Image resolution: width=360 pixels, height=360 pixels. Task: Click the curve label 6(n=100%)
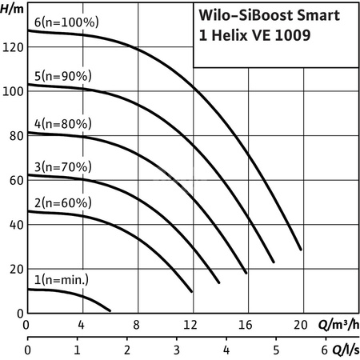(x=66, y=22)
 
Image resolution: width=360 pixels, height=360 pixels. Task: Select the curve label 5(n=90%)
(x=63, y=76)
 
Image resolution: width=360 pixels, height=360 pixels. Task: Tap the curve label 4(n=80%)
(x=63, y=124)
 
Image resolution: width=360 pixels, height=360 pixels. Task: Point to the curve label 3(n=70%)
(x=63, y=167)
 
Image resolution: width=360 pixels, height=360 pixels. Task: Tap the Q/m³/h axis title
(x=338, y=326)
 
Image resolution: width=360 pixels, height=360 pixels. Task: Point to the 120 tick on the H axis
(x=12, y=48)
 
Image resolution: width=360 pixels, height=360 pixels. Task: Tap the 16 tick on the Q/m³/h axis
(x=246, y=326)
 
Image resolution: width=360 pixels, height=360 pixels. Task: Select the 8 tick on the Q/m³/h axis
(x=137, y=326)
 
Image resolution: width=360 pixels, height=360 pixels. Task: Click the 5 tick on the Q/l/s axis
(x=275, y=350)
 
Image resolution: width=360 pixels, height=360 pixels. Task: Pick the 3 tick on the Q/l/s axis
(x=176, y=350)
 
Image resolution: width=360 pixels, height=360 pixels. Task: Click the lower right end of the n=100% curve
(x=302, y=250)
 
